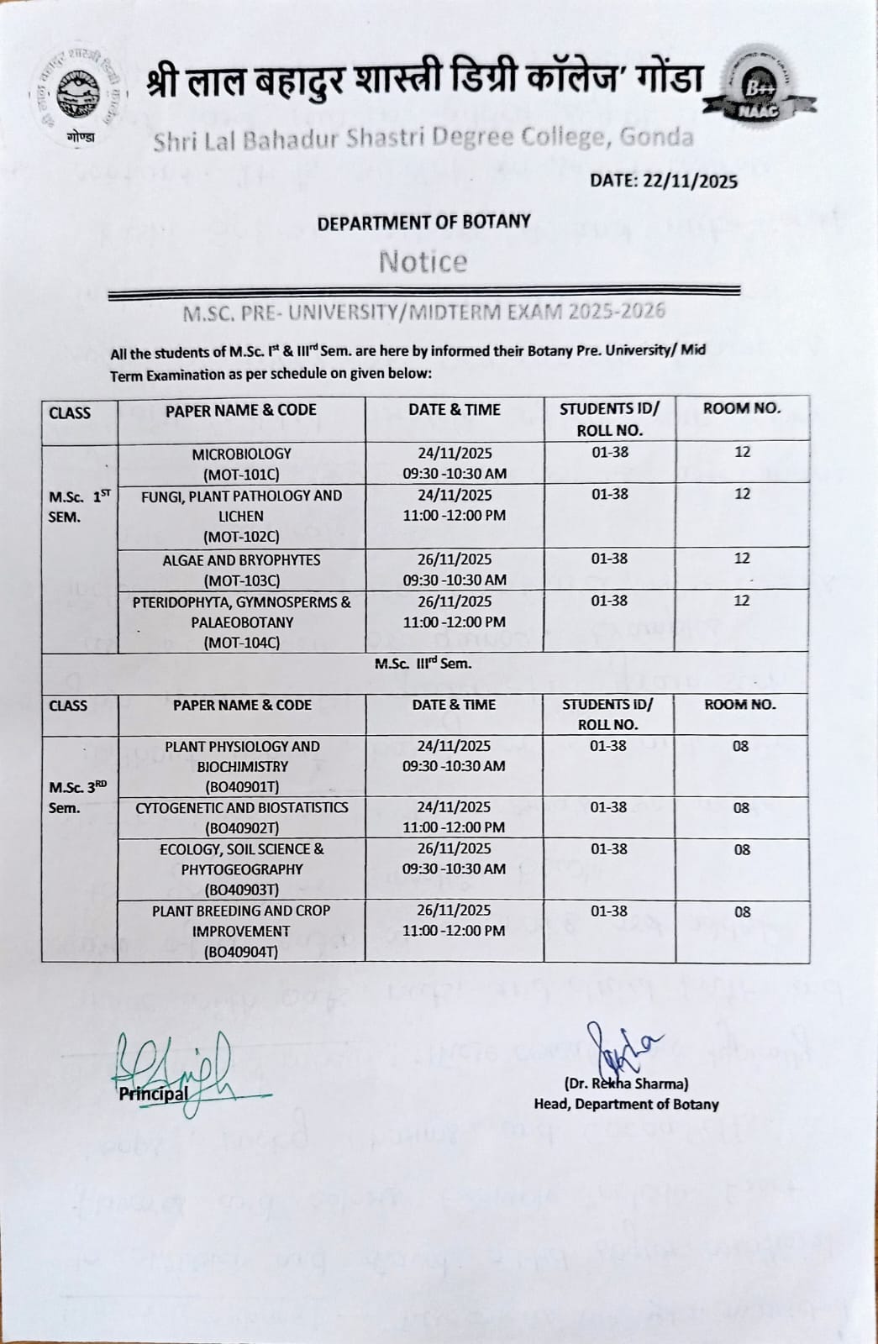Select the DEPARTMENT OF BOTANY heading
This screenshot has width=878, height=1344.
423,222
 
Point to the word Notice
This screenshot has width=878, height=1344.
423,262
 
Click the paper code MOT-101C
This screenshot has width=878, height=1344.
241,475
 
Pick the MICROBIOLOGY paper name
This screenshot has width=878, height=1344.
241,454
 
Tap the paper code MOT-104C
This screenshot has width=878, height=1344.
241,643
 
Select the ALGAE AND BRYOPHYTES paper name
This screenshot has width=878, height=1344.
241,559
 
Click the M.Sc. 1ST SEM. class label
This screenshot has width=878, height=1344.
79,507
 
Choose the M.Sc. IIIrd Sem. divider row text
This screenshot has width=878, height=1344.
423,664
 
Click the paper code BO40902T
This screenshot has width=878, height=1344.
241,827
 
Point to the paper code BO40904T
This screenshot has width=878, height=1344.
241,952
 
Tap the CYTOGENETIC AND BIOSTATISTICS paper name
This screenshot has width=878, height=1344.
241,807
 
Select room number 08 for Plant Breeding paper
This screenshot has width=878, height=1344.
742,911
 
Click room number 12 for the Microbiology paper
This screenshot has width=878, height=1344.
742,452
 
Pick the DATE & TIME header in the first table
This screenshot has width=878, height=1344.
454,410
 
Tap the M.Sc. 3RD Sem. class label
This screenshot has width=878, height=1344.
77,797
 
